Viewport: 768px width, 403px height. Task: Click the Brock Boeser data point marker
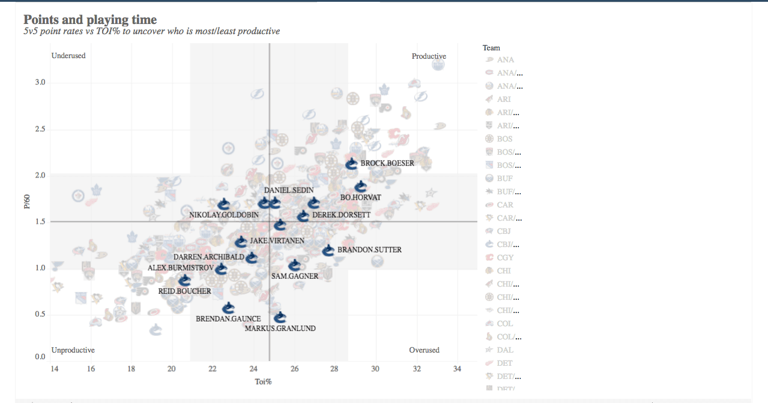[352, 163]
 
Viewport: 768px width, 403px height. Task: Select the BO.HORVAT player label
[360, 197]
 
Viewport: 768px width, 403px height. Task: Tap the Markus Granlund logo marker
[280, 318]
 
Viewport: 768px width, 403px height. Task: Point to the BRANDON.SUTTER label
[369, 249]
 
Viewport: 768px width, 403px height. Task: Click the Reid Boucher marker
[184, 280]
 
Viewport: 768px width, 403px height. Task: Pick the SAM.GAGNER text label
[295, 276]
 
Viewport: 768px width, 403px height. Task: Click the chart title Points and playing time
[90, 20]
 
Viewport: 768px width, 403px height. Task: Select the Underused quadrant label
[68, 56]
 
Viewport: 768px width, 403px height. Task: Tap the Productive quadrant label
[429, 56]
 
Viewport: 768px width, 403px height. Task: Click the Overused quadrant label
[424, 350]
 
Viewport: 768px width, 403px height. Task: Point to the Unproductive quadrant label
[73, 350]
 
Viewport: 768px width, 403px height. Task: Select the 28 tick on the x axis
[335, 368]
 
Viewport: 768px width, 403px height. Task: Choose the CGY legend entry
[505, 258]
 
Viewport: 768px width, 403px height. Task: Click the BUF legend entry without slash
[504, 179]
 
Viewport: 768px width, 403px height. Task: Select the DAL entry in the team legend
[505, 350]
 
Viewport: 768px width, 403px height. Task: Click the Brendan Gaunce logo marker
[228, 308]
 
